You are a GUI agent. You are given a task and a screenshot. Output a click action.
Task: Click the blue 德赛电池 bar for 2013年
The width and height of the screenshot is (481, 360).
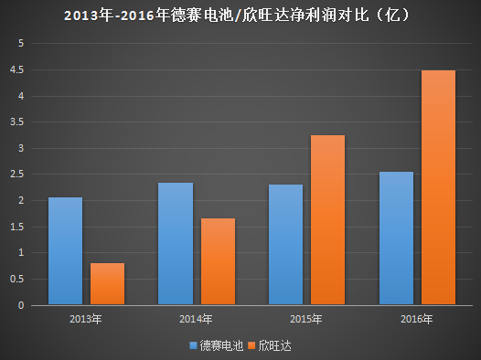point(65,251)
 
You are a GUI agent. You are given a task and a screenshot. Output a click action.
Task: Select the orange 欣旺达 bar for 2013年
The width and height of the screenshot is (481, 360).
point(107,284)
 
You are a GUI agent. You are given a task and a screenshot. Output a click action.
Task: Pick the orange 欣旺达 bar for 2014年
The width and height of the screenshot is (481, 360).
point(218,261)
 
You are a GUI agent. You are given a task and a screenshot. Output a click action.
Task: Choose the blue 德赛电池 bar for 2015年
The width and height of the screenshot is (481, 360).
point(285,245)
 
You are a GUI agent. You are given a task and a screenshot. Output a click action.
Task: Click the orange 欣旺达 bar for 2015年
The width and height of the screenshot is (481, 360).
point(327,220)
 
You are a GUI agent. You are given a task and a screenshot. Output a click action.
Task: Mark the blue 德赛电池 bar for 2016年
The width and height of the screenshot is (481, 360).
point(396,238)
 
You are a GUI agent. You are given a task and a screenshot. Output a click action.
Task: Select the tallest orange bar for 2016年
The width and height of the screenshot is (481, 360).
point(438,187)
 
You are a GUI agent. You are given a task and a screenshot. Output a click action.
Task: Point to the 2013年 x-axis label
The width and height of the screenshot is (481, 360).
point(85,319)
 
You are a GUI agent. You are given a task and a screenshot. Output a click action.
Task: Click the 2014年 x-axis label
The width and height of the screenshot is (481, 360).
point(196,319)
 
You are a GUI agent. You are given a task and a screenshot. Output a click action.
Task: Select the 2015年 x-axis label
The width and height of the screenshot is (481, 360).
point(306,319)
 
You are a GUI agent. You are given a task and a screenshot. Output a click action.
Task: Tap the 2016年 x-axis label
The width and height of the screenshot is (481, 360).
point(417,319)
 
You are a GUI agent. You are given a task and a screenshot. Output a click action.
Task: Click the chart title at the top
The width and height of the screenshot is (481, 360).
point(240,16)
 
